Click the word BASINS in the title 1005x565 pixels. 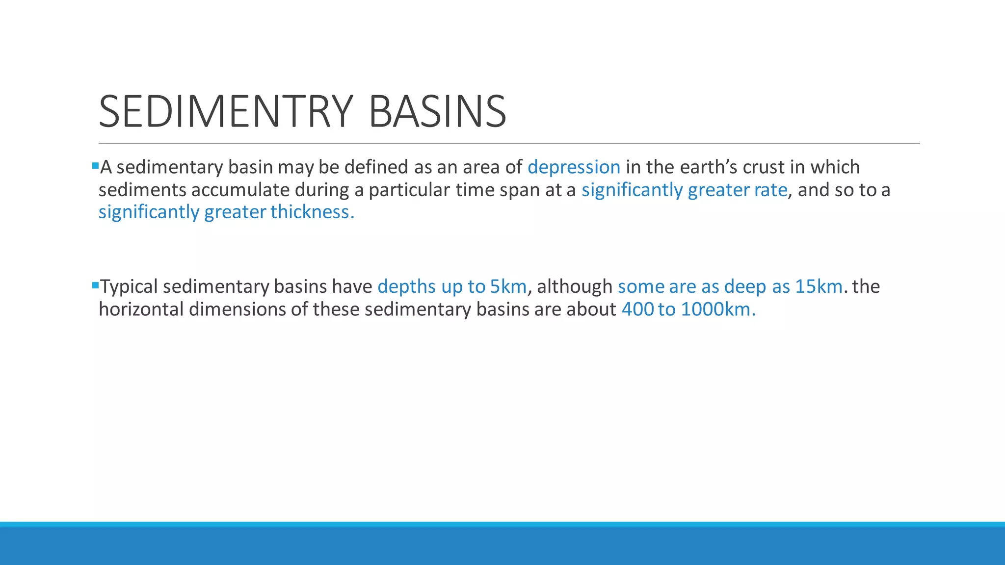pyautogui.click(x=437, y=111)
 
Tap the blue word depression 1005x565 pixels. pyautogui.click(x=574, y=167)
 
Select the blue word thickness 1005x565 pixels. pyautogui.click(x=312, y=212)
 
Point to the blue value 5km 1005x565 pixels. pyautogui.click(x=508, y=286)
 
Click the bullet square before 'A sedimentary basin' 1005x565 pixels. pyautogui.click(x=95, y=166)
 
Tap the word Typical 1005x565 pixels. pyautogui.click(x=129, y=286)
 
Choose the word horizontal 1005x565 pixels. pyautogui.click(x=141, y=309)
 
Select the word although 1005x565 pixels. pyautogui.click(x=574, y=286)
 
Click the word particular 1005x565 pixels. pyautogui.click(x=409, y=190)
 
